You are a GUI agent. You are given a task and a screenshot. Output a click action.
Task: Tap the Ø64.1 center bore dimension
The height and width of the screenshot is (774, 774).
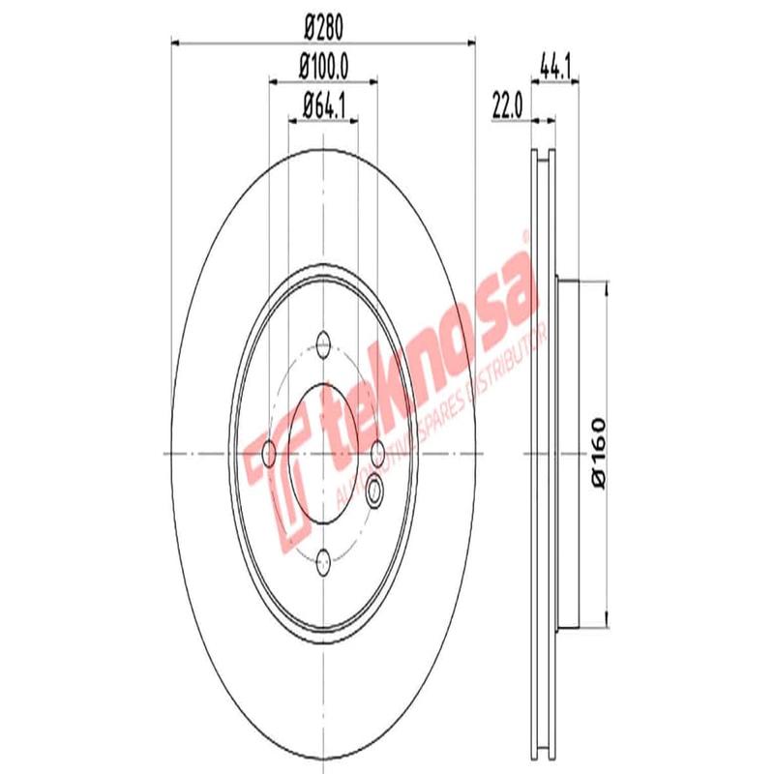click(323, 104)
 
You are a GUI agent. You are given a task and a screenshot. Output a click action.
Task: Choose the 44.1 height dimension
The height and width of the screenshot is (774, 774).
click(552, 67)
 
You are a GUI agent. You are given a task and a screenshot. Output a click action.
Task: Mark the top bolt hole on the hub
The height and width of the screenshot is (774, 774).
click(323, 342)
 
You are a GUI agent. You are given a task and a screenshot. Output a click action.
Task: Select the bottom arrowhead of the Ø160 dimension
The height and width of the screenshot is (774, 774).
click(607, 620)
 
